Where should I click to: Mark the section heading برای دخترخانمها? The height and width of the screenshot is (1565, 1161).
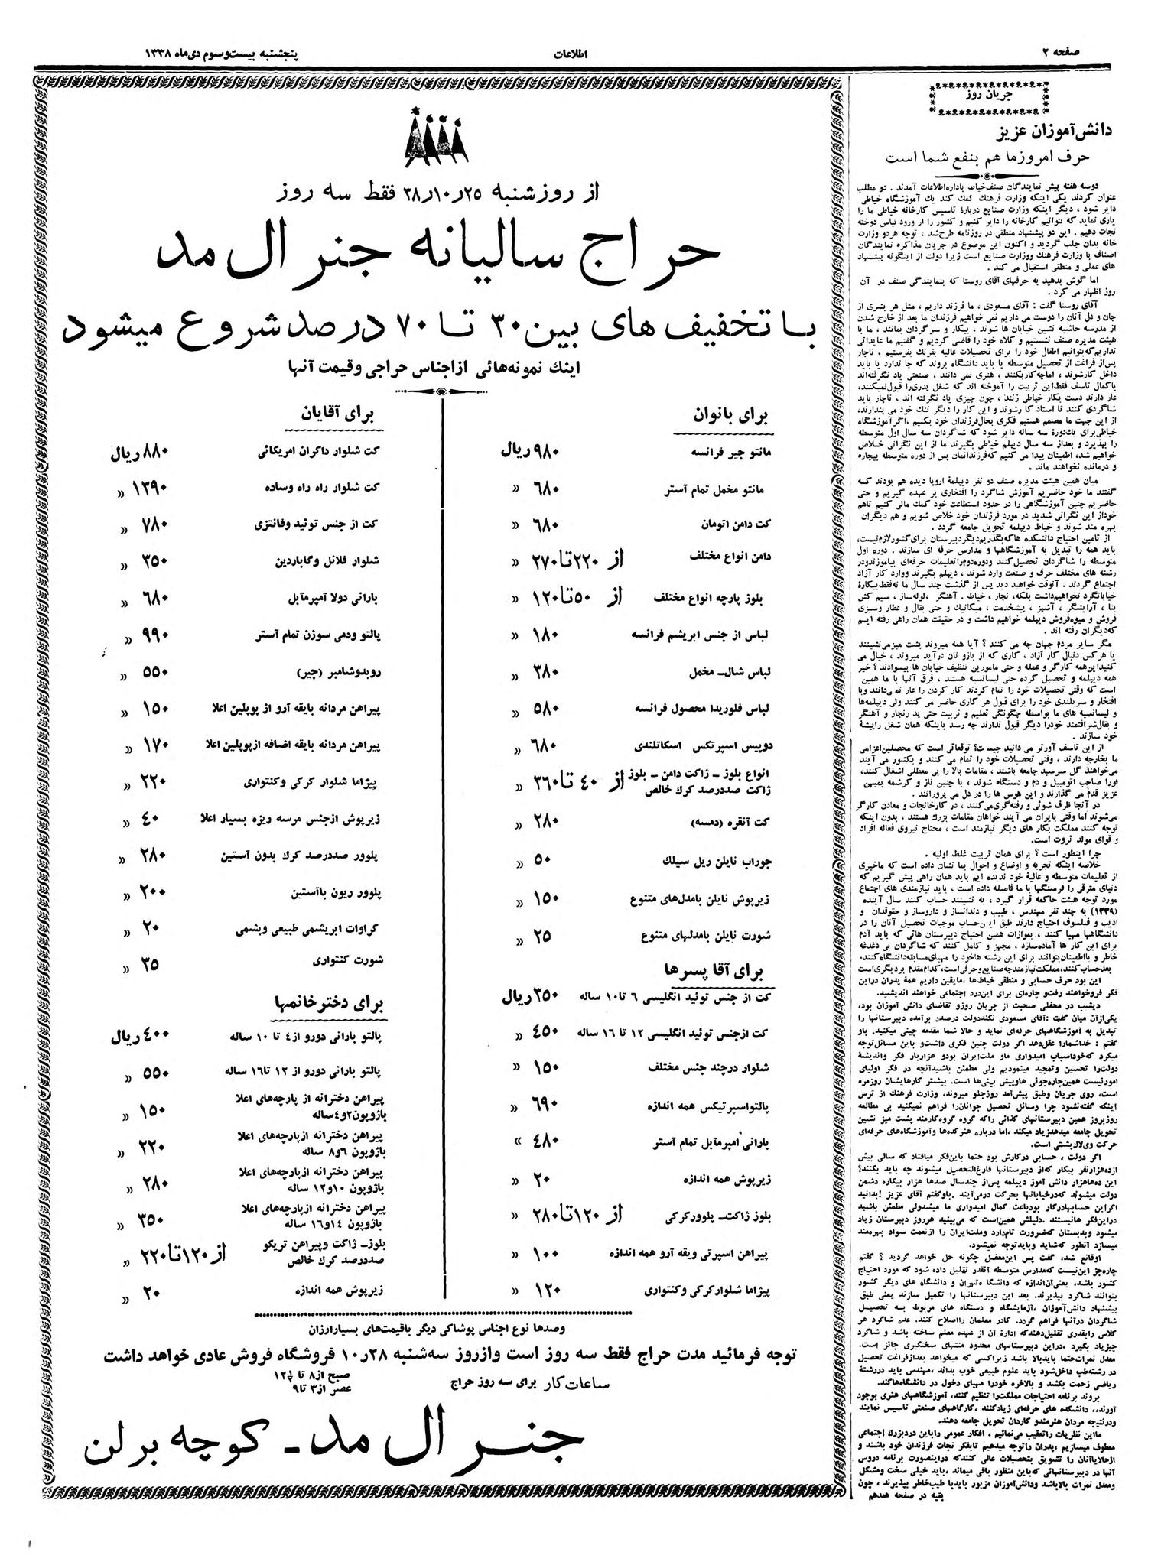tap(330, 1002)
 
